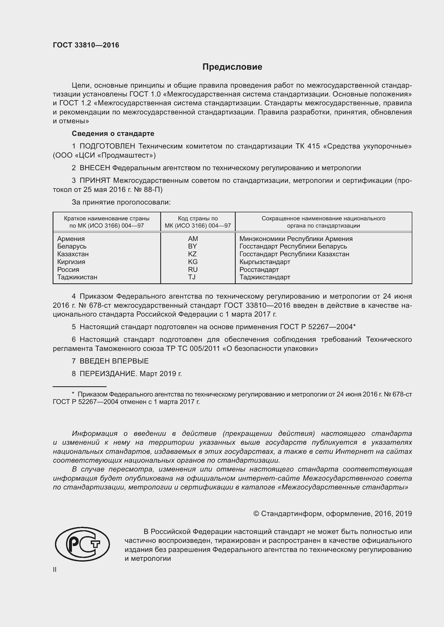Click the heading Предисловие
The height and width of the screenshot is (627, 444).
pyautogui.click(x=232, y=67)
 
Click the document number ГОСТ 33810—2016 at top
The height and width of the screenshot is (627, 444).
pyautogui.click(x=86, y=45)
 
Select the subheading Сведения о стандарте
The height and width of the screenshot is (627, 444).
pyautogui.click(x=113, y=133)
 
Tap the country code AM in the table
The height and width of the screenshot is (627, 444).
pyautogui.click(x=193, y=239)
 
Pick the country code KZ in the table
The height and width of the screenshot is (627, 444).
pyautogui.click(x=192, y=254)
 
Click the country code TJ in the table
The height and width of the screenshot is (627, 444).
pyautogui.click(x=192, y=277)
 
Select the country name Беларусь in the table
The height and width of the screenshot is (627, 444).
pyautogui.click(x=72, y=246)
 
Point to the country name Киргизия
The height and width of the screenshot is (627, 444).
pyautogui.click(x=71, y=262)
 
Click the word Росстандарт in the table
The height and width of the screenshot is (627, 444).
pyautogui.click(x=259, y=269)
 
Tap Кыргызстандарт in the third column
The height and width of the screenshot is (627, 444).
pyautogui.click(x=265, y=262)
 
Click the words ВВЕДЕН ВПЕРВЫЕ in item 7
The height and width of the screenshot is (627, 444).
pyautogui.click(x=114, y=361)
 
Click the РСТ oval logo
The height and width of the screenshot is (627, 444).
pyautogui.click(x=82, y=544)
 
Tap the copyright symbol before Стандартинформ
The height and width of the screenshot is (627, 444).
pyautogui.click(x=256, y=514)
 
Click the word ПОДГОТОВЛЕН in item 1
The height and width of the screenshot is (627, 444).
pyautogui.click(x=107, y=146)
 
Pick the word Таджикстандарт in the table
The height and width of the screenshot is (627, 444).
pyautogui.click(x=265, y=277)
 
